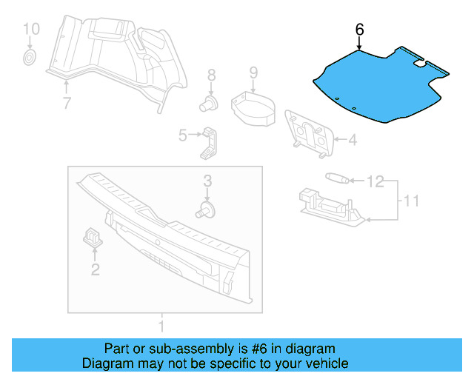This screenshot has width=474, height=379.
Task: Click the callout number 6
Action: click(360, 30)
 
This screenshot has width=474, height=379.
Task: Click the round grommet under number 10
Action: click(30, 57)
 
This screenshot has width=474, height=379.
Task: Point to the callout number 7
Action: click(67, 103)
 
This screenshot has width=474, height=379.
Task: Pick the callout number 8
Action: click(211, 74)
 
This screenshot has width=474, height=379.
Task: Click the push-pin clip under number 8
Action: click(210, 101)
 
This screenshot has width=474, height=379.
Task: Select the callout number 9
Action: click(253, 73)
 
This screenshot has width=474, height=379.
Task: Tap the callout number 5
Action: click(182, 135)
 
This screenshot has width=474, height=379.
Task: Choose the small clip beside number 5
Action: click(210, 142)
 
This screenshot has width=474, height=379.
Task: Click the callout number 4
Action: click(352, 138)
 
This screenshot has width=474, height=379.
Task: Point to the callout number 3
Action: click(207, 181)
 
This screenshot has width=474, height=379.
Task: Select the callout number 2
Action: click(95, 269)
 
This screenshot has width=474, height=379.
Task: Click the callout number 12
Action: click(375, 180)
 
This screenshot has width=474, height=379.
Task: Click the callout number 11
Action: click(412, 200)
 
